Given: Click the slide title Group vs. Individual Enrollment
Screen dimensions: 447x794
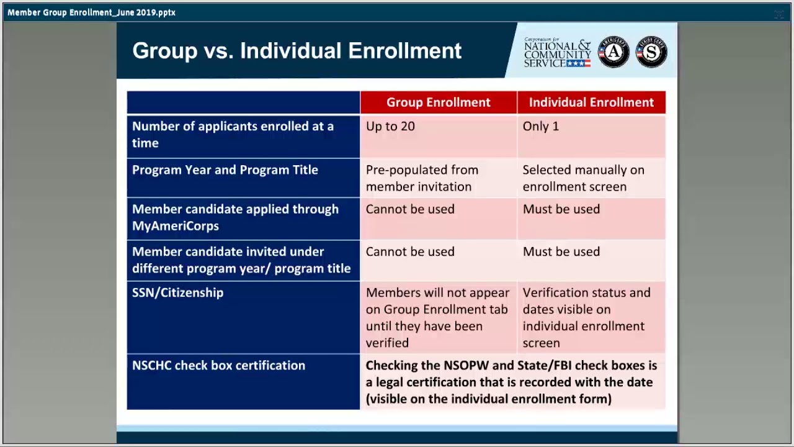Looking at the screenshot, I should (x=297, y=51).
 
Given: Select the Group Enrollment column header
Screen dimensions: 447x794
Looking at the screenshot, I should (x=438, y=102).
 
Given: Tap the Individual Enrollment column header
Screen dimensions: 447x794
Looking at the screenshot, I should (x=591, y=102).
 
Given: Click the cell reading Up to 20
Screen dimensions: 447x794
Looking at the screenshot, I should (x=390, y=127).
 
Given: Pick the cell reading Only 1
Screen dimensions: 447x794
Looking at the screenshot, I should (x=540, y=127).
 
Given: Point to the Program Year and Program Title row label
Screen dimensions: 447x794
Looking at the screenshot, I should (x=225, y=170).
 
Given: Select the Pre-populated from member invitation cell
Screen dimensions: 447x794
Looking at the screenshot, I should (x=422, y=178).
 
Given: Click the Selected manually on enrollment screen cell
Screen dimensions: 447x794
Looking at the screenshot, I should (x=583, y=178).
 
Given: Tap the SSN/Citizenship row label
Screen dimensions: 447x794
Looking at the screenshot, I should (x=177, y=293).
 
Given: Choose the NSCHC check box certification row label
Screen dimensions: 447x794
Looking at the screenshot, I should (x=218, y=366).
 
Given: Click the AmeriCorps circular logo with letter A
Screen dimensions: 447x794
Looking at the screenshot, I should (x=613, y=52).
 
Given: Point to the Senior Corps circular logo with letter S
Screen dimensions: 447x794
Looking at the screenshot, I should (x=651, y=52).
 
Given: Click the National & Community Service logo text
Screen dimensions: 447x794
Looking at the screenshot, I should (x=557, y=53).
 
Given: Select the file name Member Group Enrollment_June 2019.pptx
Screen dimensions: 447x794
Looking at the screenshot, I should (x=91, y=12).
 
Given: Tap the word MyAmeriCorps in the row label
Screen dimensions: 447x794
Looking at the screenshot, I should (x=175, y=226).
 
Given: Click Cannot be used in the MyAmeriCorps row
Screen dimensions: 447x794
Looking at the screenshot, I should (x=410, y=209).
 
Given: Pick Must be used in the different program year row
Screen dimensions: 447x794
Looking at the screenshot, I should (x=561, y=252).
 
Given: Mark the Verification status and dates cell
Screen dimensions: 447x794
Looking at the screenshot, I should (x=586, y=317).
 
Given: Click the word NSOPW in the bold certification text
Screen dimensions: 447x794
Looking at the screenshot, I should (x=468, y=366).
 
